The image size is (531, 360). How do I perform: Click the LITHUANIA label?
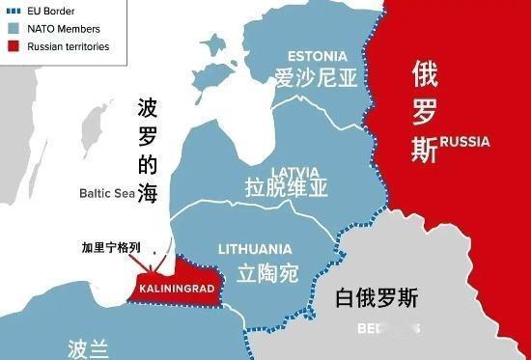pos(255,248)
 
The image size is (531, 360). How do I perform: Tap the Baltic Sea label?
pos(107,193)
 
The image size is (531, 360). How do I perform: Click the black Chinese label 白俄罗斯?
pos(377,296)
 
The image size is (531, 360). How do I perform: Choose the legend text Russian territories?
pos(69,46)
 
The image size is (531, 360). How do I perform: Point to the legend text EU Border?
pos(52,11)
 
